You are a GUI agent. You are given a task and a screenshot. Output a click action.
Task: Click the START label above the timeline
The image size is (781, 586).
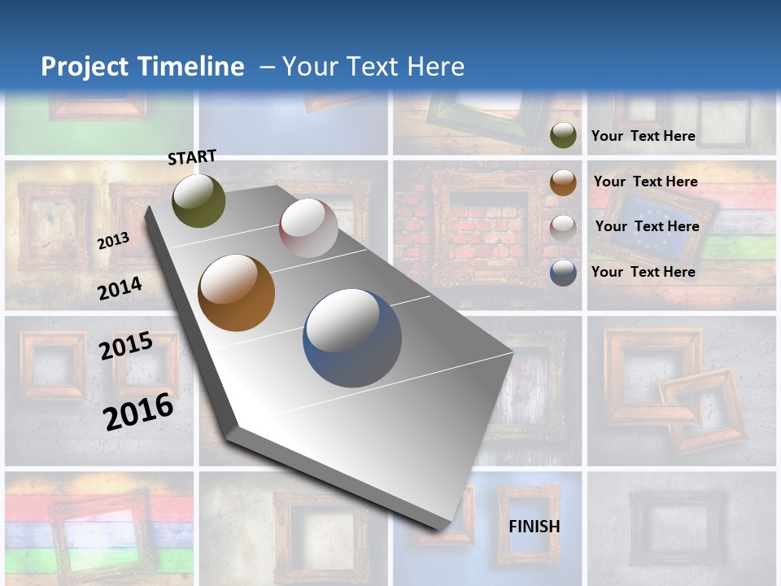(192, 157)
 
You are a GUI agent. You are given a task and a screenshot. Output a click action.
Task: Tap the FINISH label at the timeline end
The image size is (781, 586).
(534, 527)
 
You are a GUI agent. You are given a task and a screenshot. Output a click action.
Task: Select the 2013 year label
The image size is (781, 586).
(113, 241)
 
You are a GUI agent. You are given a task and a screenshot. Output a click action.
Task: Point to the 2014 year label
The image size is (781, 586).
(120, 288)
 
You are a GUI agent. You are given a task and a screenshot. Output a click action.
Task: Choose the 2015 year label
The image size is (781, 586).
(126, 346)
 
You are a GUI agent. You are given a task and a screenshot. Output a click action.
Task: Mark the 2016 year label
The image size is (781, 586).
(138, 411)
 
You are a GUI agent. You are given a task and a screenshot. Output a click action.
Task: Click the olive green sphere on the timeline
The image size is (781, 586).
(199, 200)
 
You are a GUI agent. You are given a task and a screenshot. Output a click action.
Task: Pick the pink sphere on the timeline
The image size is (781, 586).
(308, 228)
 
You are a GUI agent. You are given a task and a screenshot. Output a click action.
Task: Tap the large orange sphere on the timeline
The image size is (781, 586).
(237, 293)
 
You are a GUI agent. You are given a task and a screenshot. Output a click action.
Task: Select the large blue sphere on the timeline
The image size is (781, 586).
(352, 338)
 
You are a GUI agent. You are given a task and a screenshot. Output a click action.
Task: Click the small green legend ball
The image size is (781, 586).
(563, 135)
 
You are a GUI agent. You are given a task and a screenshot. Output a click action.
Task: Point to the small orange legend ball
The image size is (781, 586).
(563, 182)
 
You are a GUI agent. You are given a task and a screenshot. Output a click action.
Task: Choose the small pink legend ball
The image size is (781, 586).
(563, 228)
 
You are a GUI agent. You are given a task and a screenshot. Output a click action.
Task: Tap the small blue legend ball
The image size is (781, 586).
(563, 273)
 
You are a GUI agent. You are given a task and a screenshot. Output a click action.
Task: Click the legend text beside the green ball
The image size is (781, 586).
(643, 136)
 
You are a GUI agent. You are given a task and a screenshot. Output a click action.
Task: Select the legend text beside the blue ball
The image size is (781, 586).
(643, 272)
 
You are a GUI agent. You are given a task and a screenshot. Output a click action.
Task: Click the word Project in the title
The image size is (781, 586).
(85, 67)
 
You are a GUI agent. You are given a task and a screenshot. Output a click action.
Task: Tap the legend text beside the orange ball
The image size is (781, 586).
(645, 181)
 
